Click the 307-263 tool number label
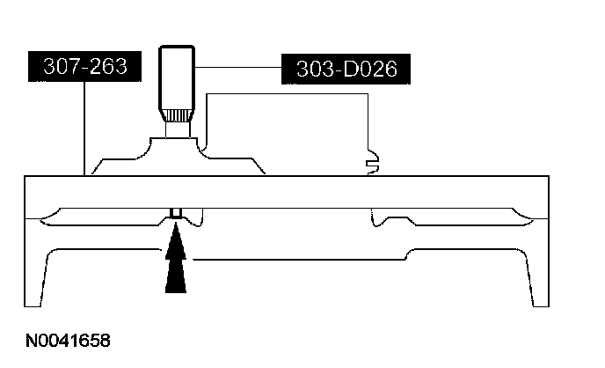coord(84,66)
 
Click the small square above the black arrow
coord(176,213)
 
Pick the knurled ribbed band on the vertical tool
coord(177,114)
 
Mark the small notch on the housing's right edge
coord(372,160)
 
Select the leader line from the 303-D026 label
coord(237,68)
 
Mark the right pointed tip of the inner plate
coord(533,217)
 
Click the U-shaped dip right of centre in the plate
coord(383,220)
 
